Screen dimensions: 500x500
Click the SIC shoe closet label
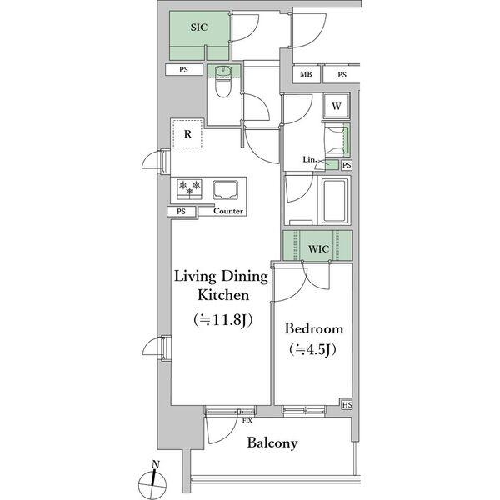click(x=199, y=27)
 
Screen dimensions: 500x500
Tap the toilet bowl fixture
click(x=222, y=82)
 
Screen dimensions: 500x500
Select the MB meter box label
click(x=306, y=75)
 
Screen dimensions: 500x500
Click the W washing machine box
click(x=337, y=106)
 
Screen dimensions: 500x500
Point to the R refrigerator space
click(x=187, y=133)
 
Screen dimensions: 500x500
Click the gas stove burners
click(x=189, y=189)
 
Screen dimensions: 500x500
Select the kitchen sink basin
click(x=226, y=190)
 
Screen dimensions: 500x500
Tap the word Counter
click(x=228, y=211)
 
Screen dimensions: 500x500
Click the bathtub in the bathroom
click(x=334, y=201)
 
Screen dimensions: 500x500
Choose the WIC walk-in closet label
click(x=318, y=248)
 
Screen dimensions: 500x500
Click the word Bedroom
click(x=314, y=329)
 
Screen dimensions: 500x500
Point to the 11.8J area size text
click(x=222, y=320)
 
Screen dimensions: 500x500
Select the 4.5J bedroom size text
click(x=312, y=349)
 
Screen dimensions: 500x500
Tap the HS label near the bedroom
click(x=347, y=405)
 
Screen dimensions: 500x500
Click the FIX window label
click(x=247, y=421)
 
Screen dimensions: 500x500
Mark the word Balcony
click(x=272, y=443)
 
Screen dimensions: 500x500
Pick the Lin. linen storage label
click(x=309, y=159)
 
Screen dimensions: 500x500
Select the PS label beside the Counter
click(x=181, y=212)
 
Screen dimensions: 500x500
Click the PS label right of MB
click(x=342, y=75)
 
